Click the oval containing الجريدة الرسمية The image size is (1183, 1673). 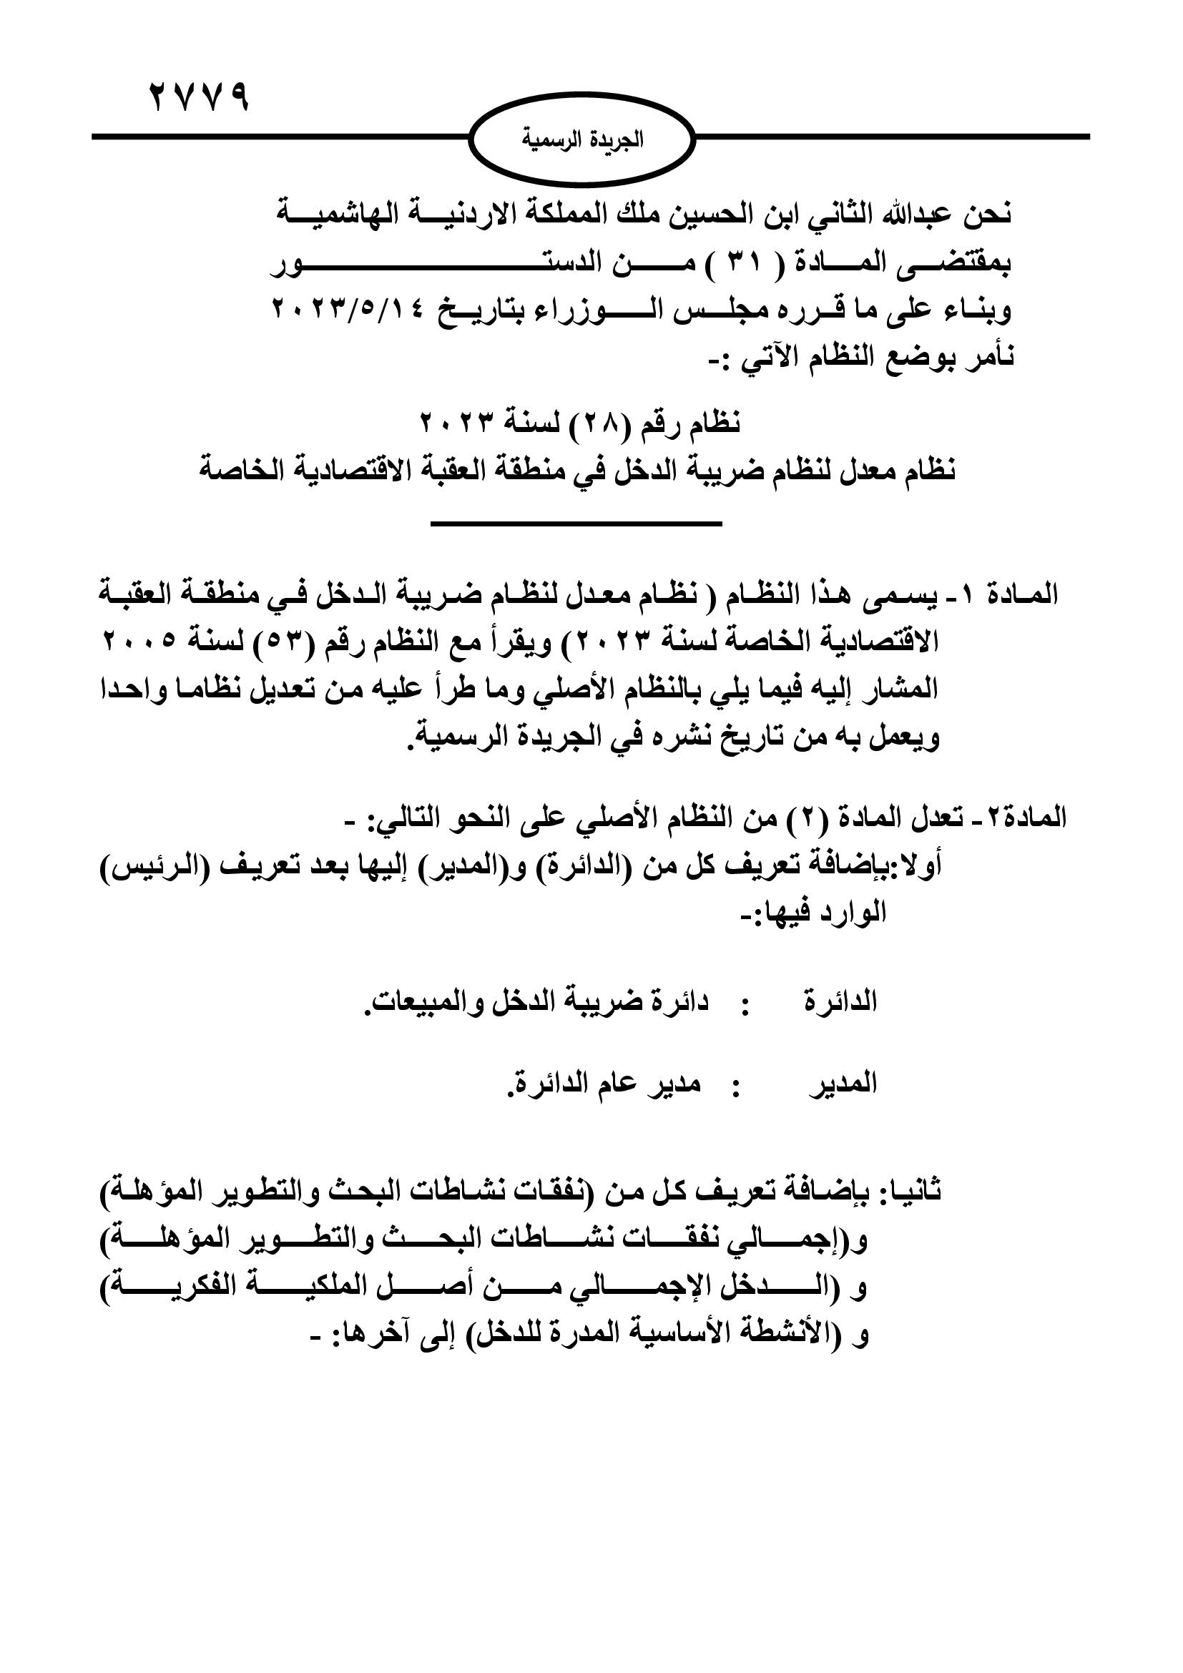[x=581, y=139]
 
